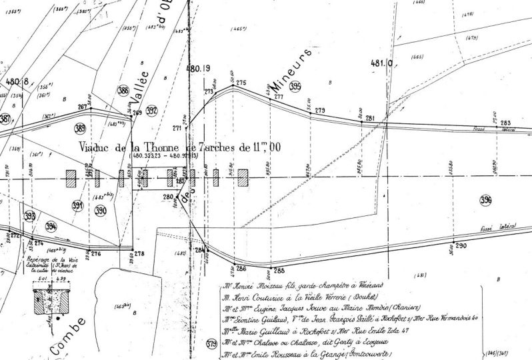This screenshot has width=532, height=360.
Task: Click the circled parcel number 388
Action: click(x=123, y=91)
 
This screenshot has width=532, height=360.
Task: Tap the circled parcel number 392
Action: click(x=151, y=110)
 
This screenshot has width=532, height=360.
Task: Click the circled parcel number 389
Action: click(x=80, y=129)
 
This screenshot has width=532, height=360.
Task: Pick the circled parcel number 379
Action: click(x=212, y=344)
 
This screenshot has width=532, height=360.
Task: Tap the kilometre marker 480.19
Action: click(x=198, y=69)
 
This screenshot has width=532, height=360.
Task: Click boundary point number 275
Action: click(x=241, y=83)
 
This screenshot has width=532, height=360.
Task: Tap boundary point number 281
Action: click(x=371, y=119)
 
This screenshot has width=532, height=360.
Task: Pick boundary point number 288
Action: click(x=279, y=270)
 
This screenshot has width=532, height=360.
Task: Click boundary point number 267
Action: click(x=83, y=107)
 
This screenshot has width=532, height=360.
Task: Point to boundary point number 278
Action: click(x=139, y=253)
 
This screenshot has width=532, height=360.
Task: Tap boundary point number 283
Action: click(x=505, y=123)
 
